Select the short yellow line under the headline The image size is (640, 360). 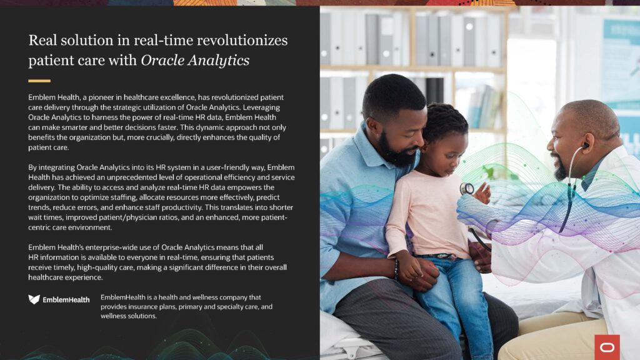click(39, 81)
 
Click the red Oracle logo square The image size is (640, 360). click(607, 347)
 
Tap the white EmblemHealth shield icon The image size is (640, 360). click(34, 299)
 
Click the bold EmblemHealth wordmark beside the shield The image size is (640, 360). click(66, 299)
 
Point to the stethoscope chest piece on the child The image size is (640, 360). click(466, 188)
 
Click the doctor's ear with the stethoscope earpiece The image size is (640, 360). click(586, 145)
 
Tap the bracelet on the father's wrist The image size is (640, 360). click(396, 269)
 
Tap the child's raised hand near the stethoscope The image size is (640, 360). click(483, 192)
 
